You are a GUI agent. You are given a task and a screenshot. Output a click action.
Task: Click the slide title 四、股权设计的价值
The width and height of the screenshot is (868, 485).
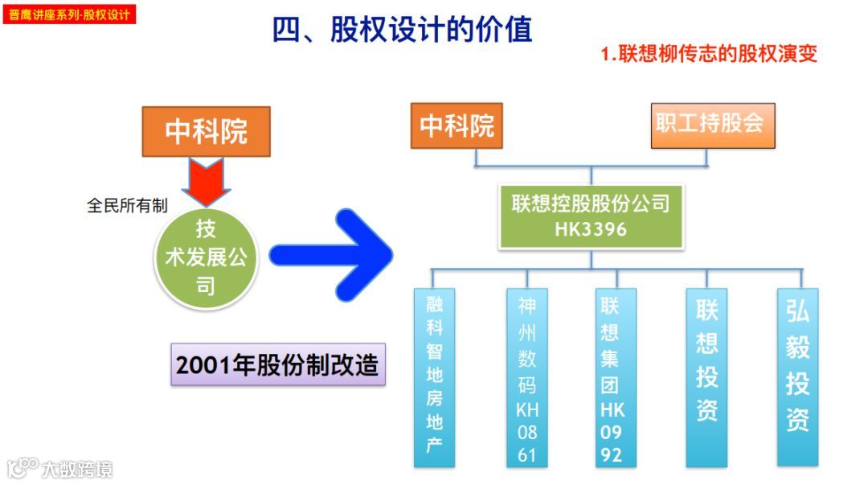coord(402,31)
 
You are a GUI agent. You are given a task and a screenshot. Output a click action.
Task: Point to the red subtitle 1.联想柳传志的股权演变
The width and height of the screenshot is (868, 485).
coord(709,54)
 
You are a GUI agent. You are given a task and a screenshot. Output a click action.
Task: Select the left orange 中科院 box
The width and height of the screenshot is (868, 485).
coord(207,131)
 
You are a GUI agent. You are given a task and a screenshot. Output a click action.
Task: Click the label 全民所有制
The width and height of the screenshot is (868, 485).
coord(127,206)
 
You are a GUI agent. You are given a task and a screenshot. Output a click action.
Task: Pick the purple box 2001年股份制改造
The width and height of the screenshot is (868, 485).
coord(278,365)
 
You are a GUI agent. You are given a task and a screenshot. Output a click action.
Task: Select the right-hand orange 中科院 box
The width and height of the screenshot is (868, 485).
coord(457,125)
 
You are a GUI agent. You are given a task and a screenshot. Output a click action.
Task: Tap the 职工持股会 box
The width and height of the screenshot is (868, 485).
coord(712,125)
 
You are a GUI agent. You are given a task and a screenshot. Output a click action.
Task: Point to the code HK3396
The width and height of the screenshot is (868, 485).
coord(591,230)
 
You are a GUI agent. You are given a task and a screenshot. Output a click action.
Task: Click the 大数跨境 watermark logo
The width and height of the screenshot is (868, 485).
coord(60,468)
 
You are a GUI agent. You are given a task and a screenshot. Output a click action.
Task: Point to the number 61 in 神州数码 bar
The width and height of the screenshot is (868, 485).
coord(527,455)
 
